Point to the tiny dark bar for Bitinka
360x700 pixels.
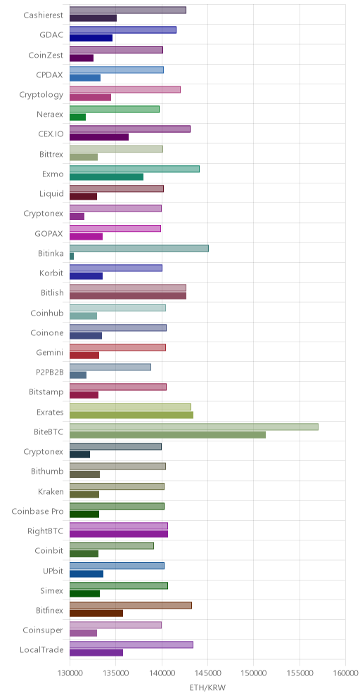coord(72,257)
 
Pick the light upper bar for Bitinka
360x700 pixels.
coord(139,248)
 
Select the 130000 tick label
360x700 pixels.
coord(70,673)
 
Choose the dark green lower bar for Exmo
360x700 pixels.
coord(106,177)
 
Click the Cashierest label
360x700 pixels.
coord(44,15)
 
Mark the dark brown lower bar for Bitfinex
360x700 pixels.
coord(96,614)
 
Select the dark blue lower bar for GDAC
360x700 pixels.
coord(91,39)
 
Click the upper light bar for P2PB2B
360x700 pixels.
coord(110,367)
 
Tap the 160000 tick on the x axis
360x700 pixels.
coord(345,673)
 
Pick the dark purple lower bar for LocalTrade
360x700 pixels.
coord(96,653)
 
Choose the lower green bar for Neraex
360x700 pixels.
coord(78,117)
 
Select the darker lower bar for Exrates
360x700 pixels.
coord(131,415)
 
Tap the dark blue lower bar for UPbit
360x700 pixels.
coord(86,574)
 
